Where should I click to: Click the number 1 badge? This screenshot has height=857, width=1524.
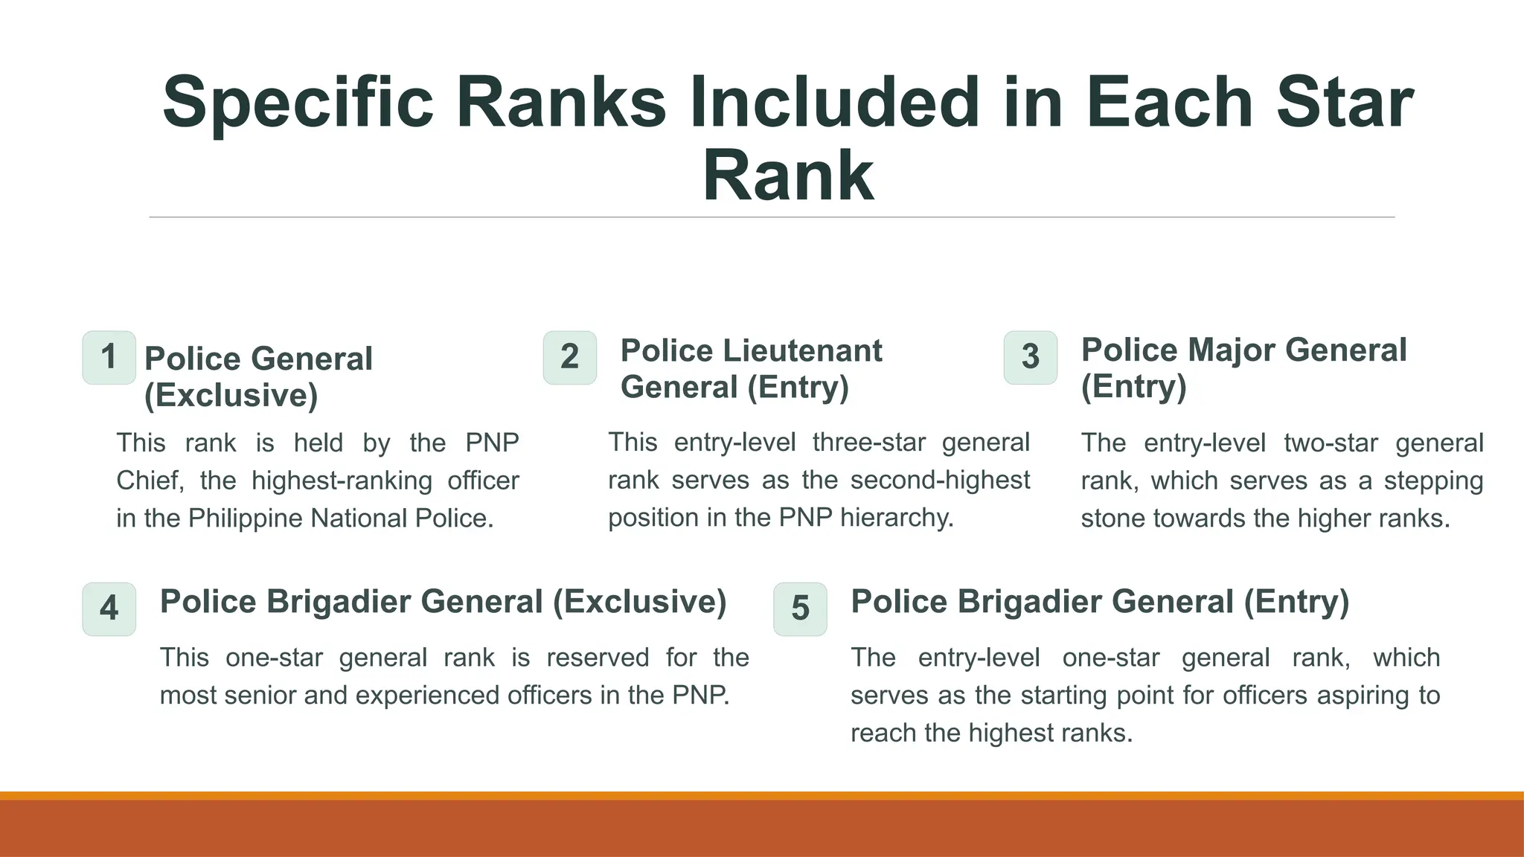pos(109,357)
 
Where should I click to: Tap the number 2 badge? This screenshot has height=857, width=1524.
pos(569,357)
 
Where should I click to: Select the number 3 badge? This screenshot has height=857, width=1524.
pos(1030,357)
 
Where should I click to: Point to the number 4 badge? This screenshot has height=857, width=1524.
pos(109,609)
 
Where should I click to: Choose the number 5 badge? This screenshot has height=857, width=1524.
pos(800,609)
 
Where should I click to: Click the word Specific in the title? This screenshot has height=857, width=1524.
pos(298,103)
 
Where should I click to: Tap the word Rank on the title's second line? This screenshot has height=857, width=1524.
pos(788,176)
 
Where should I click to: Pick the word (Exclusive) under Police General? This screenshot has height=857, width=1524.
pos(231,395)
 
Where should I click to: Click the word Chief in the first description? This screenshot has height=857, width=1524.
pos(149,481)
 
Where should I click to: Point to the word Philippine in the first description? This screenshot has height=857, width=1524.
pos(245,519)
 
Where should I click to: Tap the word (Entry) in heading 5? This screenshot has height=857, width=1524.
pos(1296,602)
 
